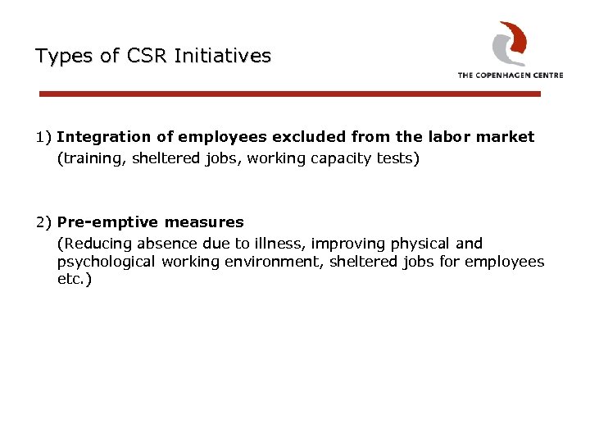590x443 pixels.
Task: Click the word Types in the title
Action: pyautogui.click(x=64, y=56)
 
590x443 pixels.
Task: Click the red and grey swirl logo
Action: pyautogui.click(x=509, y=43)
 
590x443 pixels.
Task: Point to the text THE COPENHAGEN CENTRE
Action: pyautogui.click(x=510, y=75)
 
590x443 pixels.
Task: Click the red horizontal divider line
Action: pyautogui.click(x=290, y=94)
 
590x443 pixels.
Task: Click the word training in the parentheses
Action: pyautogui.click(x=87, y=158)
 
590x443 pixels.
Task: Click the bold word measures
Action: pyautogui.click(x=204, y=222)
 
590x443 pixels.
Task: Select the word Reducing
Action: pyautogui.click(x=91, y=244)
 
